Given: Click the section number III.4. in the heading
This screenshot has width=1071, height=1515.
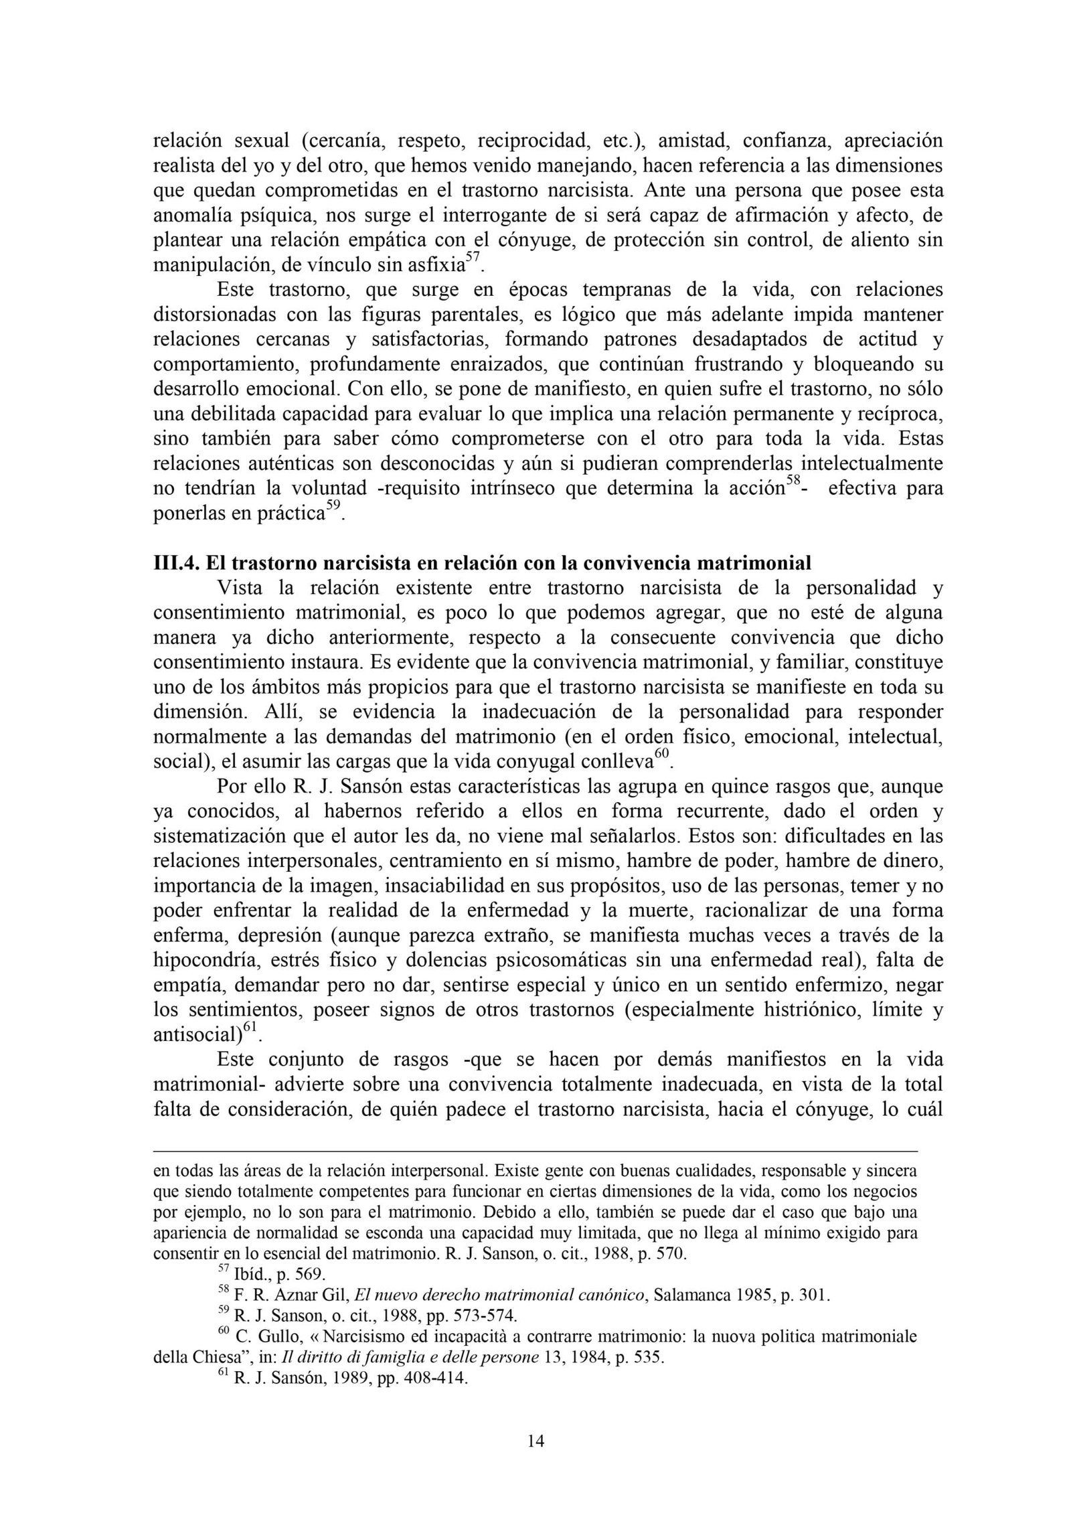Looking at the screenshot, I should tap(177, 562).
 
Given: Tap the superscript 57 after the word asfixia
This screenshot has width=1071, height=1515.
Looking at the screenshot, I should tap(473, 259).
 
